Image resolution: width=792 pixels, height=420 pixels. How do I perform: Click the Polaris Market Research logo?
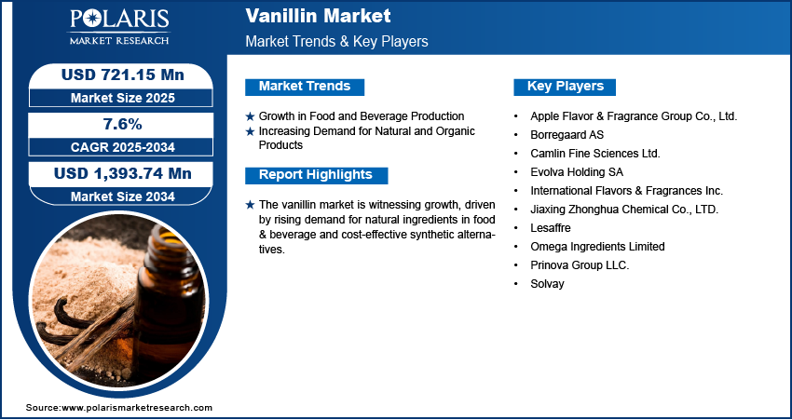click(x=119, y=26)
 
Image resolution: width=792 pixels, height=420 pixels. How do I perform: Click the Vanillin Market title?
click(x=319, y=16)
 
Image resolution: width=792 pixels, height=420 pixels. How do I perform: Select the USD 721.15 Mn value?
click(x=123, y=75)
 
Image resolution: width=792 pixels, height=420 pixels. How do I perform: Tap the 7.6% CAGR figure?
click(x=122, y=124)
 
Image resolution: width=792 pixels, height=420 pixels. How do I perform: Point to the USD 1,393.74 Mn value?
click(x=123, y=173)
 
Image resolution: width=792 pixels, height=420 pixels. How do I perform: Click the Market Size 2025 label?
click(x=123, y=98)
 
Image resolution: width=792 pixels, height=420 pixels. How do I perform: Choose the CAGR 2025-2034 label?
click(x=123, y=147)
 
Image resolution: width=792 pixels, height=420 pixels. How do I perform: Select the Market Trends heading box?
click(x=305, y=87)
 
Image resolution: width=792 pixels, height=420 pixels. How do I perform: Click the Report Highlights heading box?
click(x=316, y=175)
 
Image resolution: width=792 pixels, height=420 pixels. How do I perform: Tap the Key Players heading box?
click(x=565, y=87)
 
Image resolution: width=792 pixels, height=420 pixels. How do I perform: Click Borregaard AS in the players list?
click(x=567, y=135)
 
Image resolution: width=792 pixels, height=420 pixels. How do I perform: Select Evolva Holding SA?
click(x=577, y=172)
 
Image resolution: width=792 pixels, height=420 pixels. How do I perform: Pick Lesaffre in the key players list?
click(x=551, y=227)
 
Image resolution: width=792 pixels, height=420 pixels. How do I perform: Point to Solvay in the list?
click(x=547, y=284)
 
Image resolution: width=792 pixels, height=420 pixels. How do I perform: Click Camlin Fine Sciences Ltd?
click(x=595, y=154)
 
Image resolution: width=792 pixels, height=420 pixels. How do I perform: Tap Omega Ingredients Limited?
click(x=597, y=247)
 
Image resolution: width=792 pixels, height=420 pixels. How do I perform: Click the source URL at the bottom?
click(x=119, y=407)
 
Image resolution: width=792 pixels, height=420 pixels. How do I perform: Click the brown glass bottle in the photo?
click(x=169, y=303)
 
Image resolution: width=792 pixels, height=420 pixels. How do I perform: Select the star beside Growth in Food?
click(x=250, y=116)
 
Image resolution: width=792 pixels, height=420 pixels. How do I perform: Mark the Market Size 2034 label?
click(x=123, y=196)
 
